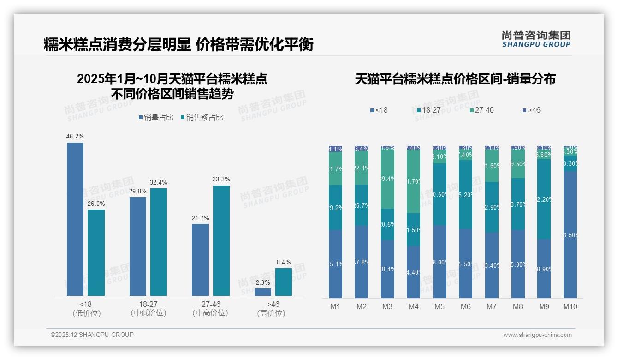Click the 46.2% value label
click(x=75, y=137)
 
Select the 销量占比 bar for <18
click(x=75, y=219)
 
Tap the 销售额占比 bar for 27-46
click(x=221, y=240)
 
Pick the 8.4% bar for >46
click(x=284, y=282)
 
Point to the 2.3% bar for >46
click(x=263, y=292)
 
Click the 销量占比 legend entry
click(x=156, y=118)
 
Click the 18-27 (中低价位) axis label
click(x=148, y=309)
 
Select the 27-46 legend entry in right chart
click(x=481, y=110)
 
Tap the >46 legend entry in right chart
click(x=531, y=110)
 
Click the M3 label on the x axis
click(x=387, y=306)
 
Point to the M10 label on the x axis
click(x=570, y=306)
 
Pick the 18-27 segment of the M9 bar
click(x=544, y=199)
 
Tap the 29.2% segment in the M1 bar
click(x=335, y=208)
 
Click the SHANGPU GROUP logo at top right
click(x=536, y=39)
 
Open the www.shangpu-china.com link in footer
click(x=537, y=335)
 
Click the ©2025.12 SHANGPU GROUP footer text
click(x=92, y=335)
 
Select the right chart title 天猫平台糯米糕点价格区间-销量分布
click(x=455, y=79)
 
